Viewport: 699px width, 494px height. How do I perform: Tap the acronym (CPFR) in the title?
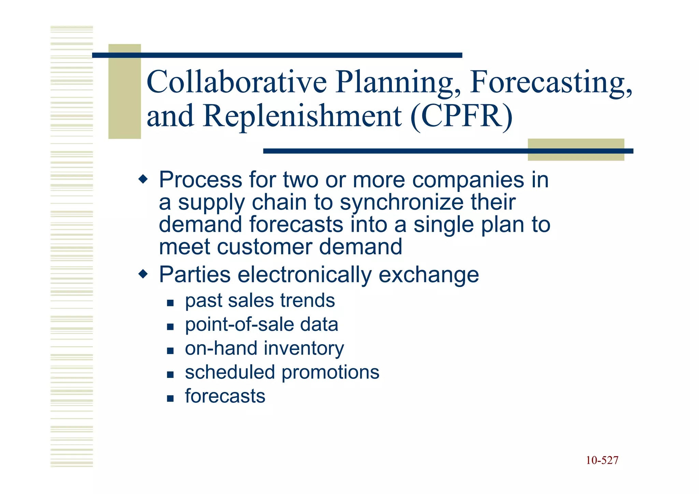pos(461,116)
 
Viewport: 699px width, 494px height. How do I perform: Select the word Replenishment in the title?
pos(302,116)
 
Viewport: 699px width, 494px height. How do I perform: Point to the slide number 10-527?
pos(602,460)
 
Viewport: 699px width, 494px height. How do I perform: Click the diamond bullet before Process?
pos(143,179)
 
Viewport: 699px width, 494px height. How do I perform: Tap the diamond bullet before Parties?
pos(143,274)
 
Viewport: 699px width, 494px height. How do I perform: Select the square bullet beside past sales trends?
pos(170,303)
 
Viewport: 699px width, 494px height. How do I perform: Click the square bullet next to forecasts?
pos(170,398)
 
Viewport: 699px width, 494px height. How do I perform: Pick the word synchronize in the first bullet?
pos(402,202)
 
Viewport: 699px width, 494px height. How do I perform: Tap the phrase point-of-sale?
pos(239,324)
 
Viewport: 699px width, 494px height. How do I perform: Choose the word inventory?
pos(304,349)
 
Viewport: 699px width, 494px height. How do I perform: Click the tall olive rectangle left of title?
pos(125,91)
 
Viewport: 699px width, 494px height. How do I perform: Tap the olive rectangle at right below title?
pos(576,150)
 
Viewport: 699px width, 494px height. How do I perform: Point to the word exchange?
pos(429,274)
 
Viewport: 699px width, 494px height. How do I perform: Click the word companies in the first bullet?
pos(468,180)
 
